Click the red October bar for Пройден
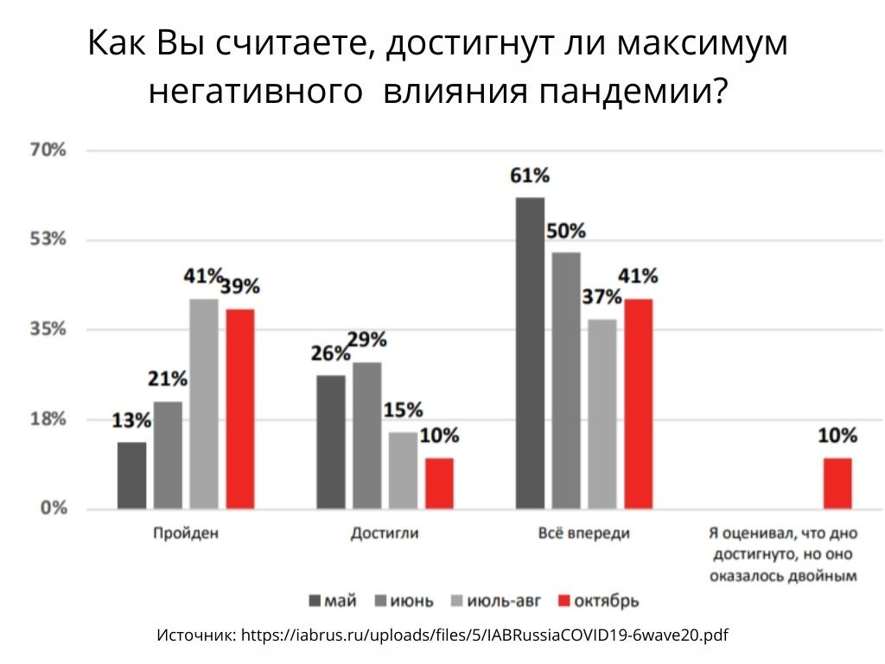pyautogui.click(x=239, y=408)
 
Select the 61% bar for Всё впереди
pyautogui.click(x=530, y=353)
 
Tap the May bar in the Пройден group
pyautogui.click(x=131, y=475)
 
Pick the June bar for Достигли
pyautogui.click(x=366, y=435)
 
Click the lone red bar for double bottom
pyautogui.click(x=837, y=482)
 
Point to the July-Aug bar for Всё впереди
pyautogui.click(x=602, y=413)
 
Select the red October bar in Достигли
pyautogui.click(x=439, y=482)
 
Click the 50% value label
pyautogui.click(x=566, y=232)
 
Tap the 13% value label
pyautogui.click(x=131, y=422)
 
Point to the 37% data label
pyautogui.click(x=602, y=297)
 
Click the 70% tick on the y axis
pyautogui.click(x=48, y=150)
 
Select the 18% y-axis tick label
pyautogui.click(x=48, y=419)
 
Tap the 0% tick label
pyautogui.click(x=53, y=508)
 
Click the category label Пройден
pyautogui.click(x=185, y=533)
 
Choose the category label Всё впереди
pyautogui.click(x=583, y=533)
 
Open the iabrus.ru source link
pyautogui.click(x=484, y=636)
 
